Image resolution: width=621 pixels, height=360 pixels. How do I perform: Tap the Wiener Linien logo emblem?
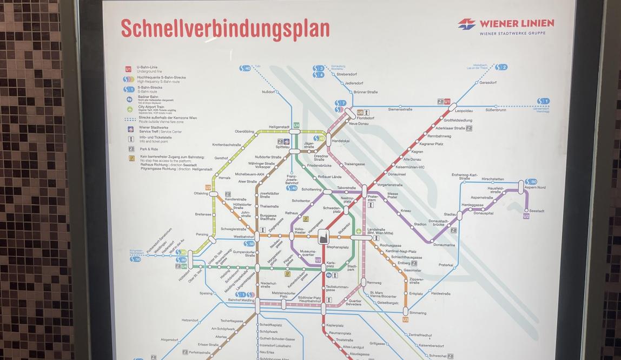(x=466, y=24)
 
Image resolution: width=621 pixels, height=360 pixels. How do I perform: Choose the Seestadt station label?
(x=537, y=211)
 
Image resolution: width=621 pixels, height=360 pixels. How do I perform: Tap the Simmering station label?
(x=418, y=313)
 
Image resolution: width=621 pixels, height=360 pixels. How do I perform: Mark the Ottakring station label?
(x=201, y=193)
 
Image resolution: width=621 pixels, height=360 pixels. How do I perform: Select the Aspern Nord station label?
(x=534, y=187)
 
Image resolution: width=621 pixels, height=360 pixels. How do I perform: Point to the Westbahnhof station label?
(x=243, y=237)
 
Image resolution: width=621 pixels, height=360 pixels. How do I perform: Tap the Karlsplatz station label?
(x=331, y=265)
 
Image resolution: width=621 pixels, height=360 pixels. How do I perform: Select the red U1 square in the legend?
(x=128, y=69)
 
